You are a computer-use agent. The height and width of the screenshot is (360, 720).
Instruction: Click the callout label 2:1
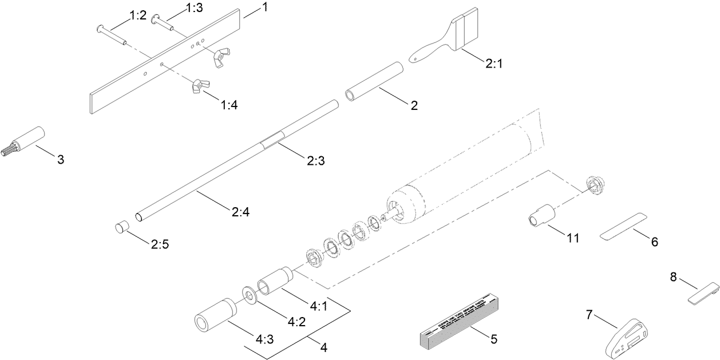point(493,65)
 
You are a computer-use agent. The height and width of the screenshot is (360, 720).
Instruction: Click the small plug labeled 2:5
point(121,227)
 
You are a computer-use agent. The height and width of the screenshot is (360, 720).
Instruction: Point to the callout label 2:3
point(316,162)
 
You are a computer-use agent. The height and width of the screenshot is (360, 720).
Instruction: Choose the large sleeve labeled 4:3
point(213,315)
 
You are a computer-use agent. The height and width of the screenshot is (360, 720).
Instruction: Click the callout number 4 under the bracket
point(323,347)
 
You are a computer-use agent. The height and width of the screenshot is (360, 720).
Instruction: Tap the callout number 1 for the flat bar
point(265,7)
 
